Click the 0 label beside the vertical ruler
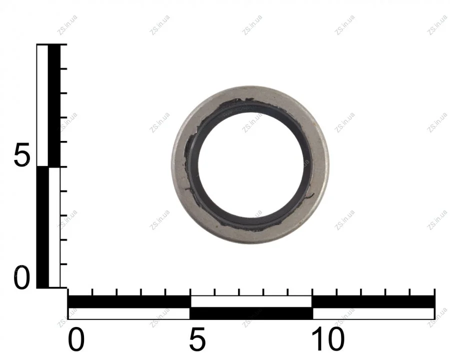21,277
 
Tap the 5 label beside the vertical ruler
21,155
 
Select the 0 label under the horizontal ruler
76,340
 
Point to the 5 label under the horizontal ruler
197,340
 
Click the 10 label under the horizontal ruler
327,340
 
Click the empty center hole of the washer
250,165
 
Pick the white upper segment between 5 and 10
251,301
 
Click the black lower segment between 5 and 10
251,313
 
